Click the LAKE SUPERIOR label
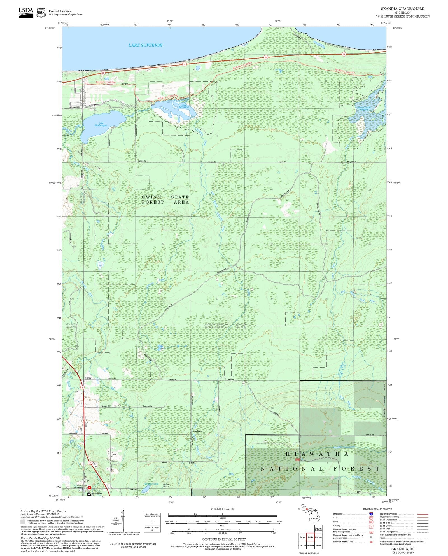coord(145,45)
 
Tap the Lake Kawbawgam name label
coord(101,124)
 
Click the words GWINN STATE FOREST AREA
coord(165,200)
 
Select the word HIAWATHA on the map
coord(317,454)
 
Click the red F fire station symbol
coord(89,487)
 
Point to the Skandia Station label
coord(167,485)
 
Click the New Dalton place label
coord(198,431)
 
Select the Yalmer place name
coord(88,378)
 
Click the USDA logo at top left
coord(26,13)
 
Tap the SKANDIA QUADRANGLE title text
coord(402,9)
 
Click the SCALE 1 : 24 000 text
coord(223,509)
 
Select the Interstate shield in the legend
coord(371,514)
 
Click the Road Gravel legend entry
coord(386,526)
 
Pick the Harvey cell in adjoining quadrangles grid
coord(302,537)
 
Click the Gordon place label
coord(125,84)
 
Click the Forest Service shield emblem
coord(41,13)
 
